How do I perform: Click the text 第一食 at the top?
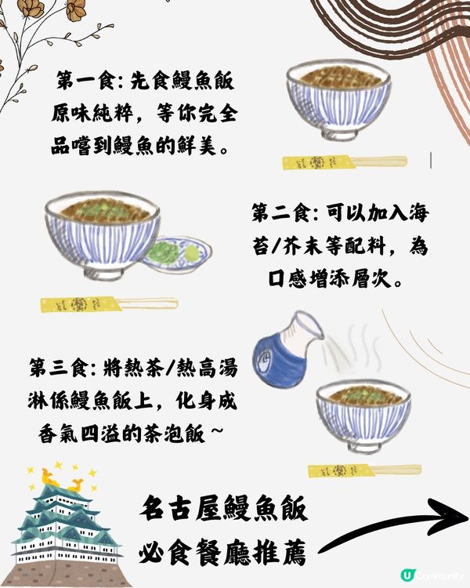(x=85, y=81)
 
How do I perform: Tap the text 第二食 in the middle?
(x=280, y=213)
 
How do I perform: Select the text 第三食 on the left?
(x=58, y=368)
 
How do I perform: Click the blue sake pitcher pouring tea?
(x=287, y=349)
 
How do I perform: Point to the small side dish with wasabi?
(x=178, y=254)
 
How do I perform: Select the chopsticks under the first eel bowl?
(x=344, y=162)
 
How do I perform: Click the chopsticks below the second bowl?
(x=109, y=303)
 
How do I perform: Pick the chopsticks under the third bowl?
(x=364, y=470)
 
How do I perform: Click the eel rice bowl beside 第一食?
(x=338, y=100)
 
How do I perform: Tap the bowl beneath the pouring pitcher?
(x=363, y=416)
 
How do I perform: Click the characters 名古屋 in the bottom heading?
(x=182, y=509)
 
